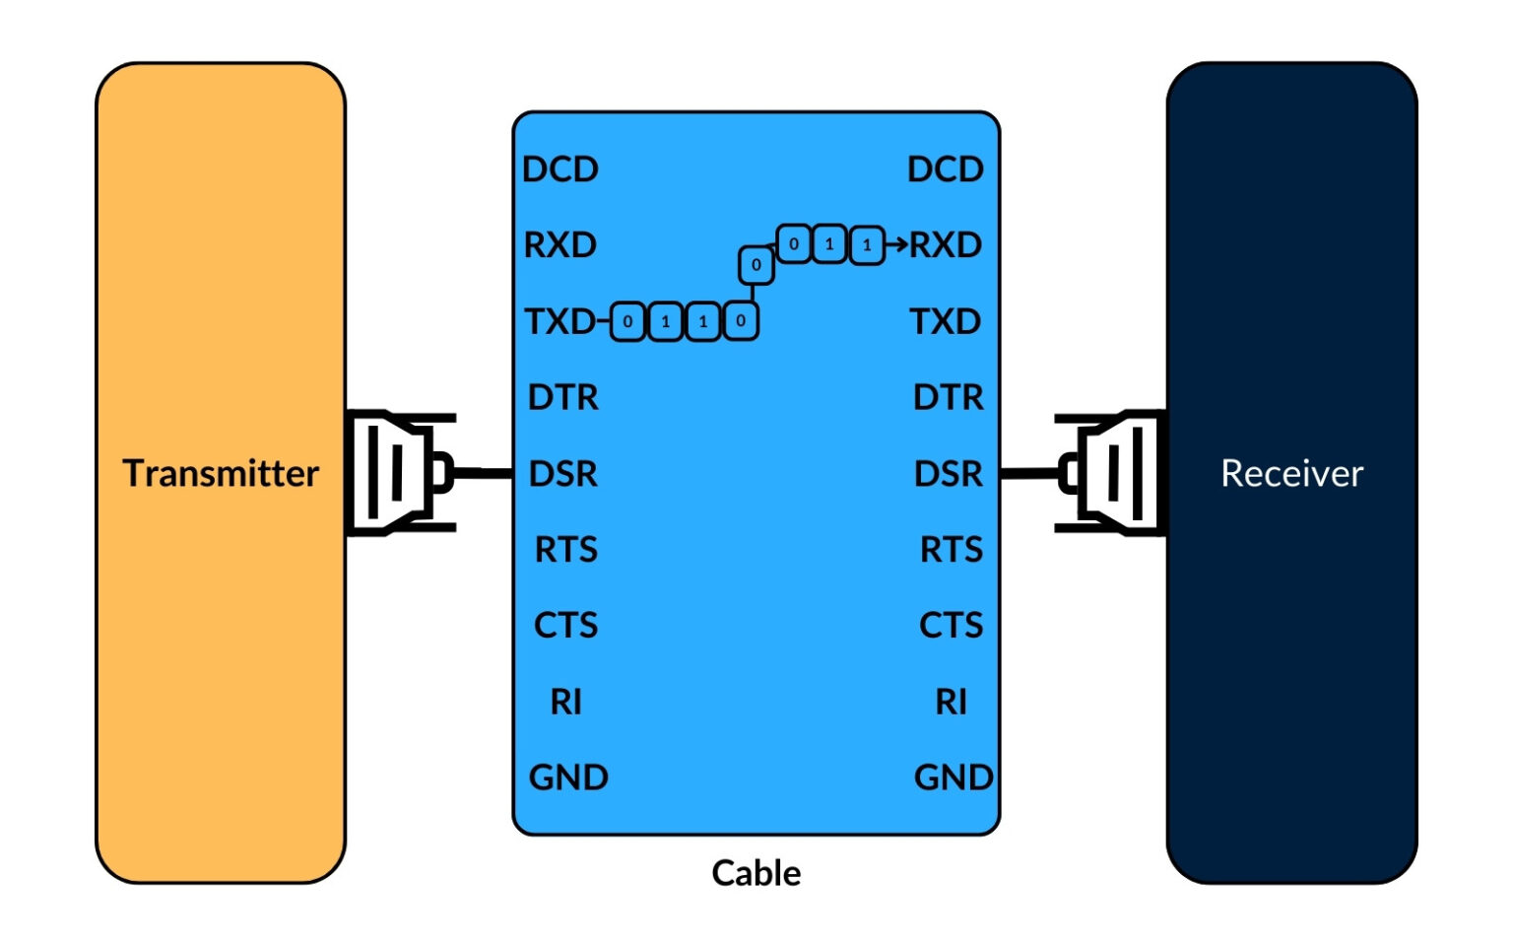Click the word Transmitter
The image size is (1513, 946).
point(221,473)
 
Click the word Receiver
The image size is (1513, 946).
point(1291,473)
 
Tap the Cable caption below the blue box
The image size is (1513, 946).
point(756,872)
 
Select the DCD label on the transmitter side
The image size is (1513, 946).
point(559,169)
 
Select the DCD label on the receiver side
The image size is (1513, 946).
point(945,169)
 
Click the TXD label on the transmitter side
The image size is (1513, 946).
point(559,321)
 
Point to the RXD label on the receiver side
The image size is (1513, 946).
point(946,244)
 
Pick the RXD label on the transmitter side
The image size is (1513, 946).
point(559,244)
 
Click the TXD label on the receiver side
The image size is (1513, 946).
point(945,321)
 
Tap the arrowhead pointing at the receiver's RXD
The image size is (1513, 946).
point(898,243)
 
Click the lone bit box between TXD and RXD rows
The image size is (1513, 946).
point(756,264)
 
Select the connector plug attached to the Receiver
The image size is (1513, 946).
point(1111,473)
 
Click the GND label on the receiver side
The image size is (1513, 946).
point(953,777)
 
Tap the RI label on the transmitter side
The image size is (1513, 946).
point(565,702)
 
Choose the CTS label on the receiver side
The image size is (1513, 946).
point(951,625)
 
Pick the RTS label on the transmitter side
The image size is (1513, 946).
point(565,549)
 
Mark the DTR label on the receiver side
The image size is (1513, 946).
point(948,397)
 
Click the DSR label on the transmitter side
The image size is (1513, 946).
point(562,474)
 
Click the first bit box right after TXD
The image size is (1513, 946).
point(627,321)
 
